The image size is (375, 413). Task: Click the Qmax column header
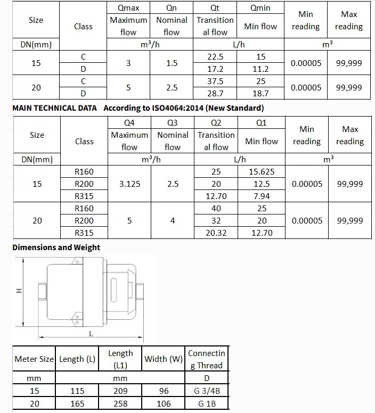click(x=128, y=8)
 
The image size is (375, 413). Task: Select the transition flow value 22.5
click(x=216, y=56)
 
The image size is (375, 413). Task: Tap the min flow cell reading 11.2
click(x=261, y=69)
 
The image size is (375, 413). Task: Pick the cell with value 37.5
click(x=216, y=81)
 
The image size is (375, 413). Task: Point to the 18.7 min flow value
click(x=261, y=93)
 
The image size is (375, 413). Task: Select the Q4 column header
click(x=129, y=123)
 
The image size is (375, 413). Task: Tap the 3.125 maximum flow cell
click(x=129, y=184)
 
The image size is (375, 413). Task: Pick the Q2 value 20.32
click(x=216, y=232)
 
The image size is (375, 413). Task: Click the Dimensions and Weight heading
click(x=56, y=247)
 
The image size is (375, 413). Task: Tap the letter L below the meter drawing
click(x=91, y=334)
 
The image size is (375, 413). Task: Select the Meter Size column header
click(x=34, y=359)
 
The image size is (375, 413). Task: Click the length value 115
click(x=77, y=391)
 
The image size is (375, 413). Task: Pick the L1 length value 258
click(x=120, y=404)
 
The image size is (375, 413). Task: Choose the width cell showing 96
click(x=164, y=391)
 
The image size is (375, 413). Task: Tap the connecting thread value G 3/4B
click(x=207, y=391)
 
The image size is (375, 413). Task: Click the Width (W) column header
click(x=164, y=359)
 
